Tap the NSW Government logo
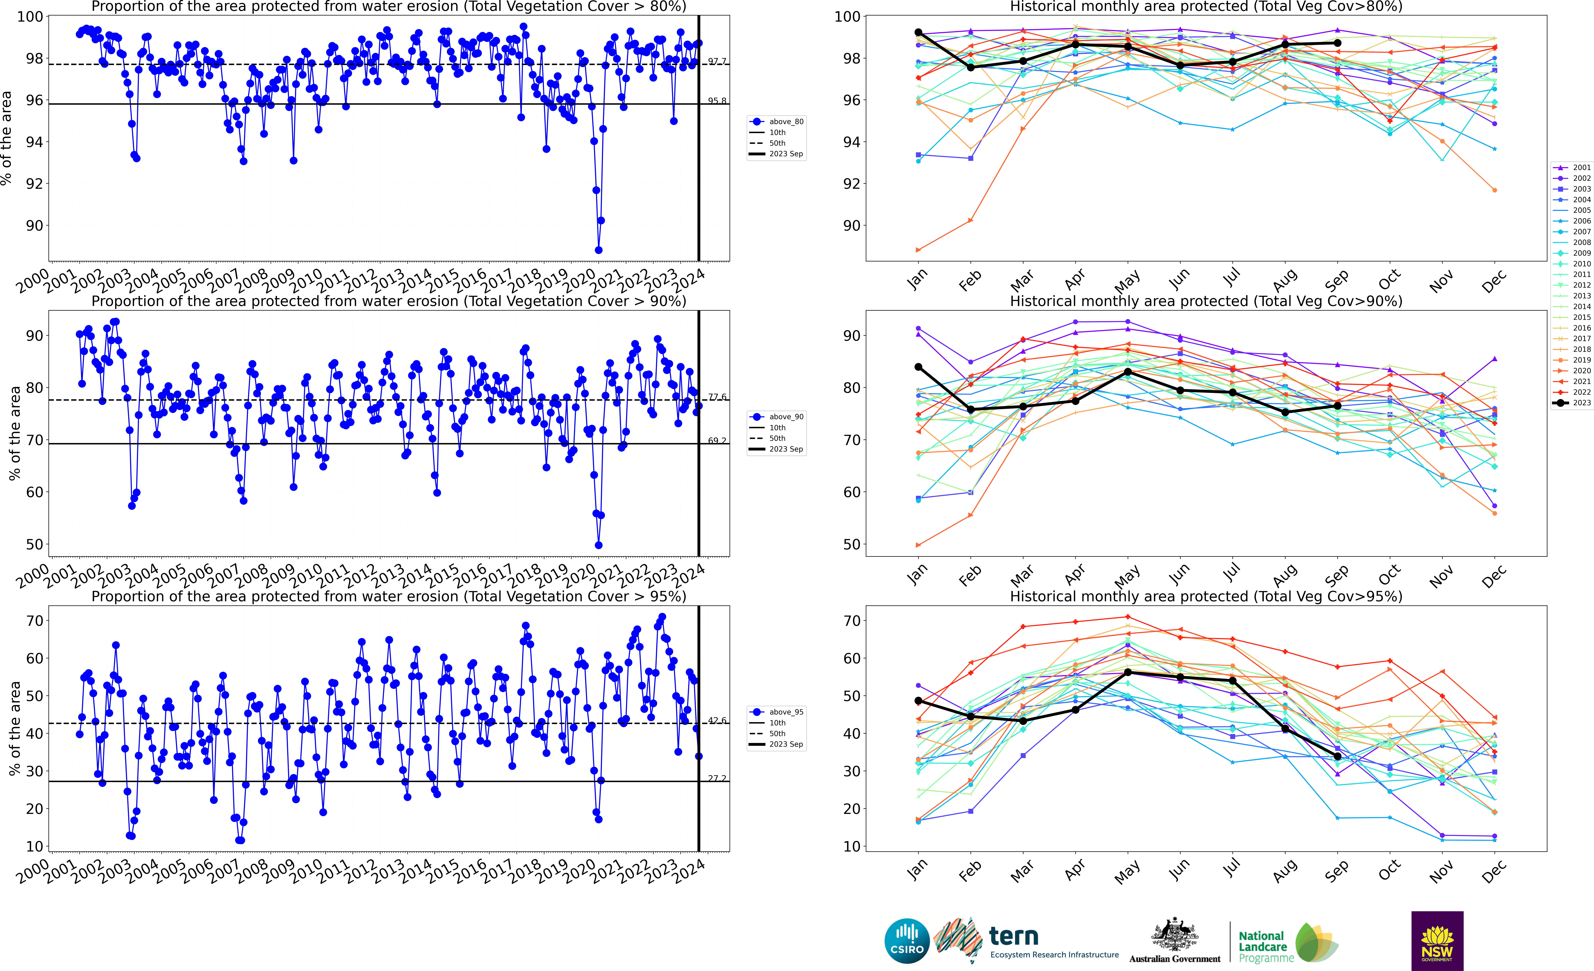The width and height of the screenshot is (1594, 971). [1437, 941]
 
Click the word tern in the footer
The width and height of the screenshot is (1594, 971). [1014, 936]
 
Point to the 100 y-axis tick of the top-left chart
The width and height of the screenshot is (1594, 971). [30, 17]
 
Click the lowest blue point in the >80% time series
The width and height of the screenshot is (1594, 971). [598, 250]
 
